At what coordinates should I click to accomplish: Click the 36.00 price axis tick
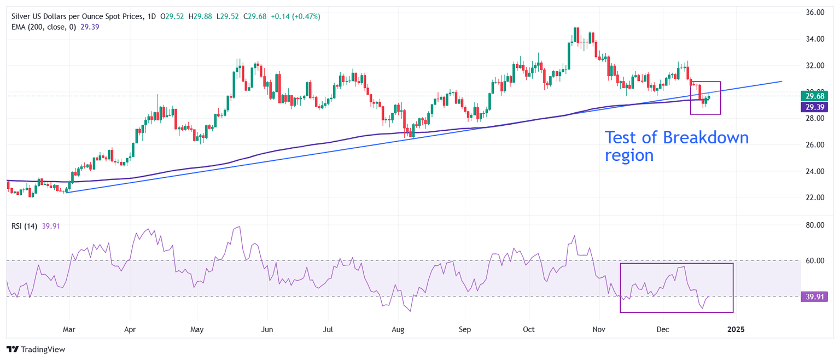tap(813, 12)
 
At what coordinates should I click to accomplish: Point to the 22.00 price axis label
tap(813, 198)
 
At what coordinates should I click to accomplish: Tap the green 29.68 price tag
tap(813, 95)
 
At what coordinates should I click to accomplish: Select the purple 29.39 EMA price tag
tap(813, 108)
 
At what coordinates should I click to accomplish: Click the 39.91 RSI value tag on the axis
tap(813, 297)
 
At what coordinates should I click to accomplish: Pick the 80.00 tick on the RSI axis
tap(813, 225)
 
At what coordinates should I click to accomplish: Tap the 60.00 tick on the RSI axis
tap(813, 261)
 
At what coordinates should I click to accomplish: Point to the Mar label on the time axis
tap(69, 330)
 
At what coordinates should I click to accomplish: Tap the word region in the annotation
tap(629, 155)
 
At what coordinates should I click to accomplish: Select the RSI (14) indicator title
tap(24, 226)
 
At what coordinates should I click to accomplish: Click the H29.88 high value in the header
tap(200, 17)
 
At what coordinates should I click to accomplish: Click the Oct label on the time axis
tap(528, 330)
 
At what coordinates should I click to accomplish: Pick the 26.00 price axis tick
tap(813, 145)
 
